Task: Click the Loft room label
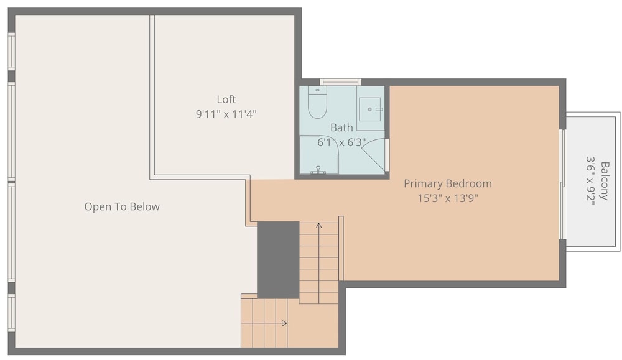(226, 99)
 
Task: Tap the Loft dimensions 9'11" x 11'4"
(226, 114)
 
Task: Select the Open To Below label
(122, 206)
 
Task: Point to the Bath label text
(341, 127)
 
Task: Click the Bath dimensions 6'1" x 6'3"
(341, 142)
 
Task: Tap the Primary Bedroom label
(448, 183)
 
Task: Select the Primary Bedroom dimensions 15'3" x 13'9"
(448, 198)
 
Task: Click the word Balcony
(605, 181)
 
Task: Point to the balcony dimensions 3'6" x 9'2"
(591, 181)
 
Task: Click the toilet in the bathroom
(317, 103)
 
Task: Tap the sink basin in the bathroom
(370, 109)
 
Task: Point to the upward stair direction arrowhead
(319, 226)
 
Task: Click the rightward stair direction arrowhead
(284, 323)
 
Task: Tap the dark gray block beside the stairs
(278, 260)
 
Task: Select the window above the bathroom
(341, 82)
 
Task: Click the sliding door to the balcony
(562, 185)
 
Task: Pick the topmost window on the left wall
(11, 51)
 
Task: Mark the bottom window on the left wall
(11, 313)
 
